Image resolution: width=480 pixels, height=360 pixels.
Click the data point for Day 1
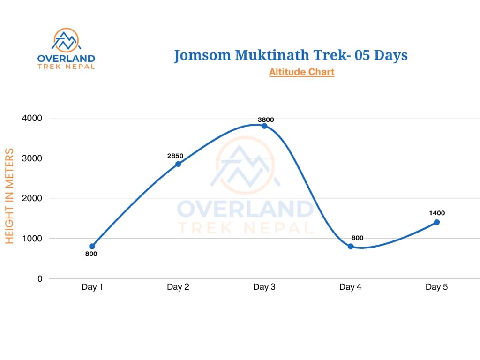[92, 246]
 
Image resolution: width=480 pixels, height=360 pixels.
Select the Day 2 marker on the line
[178, 164]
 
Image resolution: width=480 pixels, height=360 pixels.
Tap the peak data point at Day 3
[264, 126]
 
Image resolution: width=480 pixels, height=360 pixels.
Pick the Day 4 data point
[351, 246]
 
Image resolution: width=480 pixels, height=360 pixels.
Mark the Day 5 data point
[436, 222]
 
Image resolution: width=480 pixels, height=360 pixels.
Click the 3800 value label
[266, 120]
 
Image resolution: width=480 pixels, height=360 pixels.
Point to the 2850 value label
[175, 156]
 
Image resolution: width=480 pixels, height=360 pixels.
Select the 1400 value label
[437, 213]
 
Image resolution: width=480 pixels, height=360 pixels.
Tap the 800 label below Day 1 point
[91, 254]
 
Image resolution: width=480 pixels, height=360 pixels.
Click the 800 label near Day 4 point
[357, 238]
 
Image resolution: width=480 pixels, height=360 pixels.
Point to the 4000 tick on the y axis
[32, 118]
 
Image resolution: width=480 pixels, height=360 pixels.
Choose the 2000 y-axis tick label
[32, 198]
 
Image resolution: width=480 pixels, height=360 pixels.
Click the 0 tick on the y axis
[40, 278]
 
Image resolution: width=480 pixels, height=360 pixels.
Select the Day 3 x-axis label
[264, 287]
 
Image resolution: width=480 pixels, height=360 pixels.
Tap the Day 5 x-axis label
[436, 287]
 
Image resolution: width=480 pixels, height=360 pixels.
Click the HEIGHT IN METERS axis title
[9, 196]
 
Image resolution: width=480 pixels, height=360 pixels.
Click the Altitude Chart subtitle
[301, 72]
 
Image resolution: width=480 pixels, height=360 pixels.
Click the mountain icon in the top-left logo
[66, 40]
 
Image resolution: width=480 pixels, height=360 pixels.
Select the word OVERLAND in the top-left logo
[66, 59]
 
